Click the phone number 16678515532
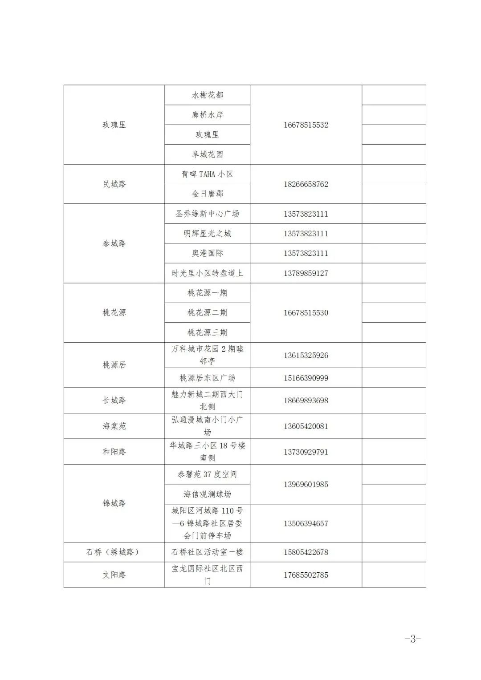point(306,125)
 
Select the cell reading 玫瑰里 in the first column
point(114,125)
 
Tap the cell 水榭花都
point(207,95)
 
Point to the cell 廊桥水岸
point(207,115)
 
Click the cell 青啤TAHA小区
point(207,174)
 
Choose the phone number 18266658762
point(306,184)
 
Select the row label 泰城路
point(114,243)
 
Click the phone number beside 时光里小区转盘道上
point(306,273)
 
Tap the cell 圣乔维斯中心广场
point(207,214)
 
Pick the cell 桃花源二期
point(207,313)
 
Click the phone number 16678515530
point(306,313)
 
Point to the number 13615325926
point(306,356)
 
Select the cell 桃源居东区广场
point(207,378)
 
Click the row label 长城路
point(114,401)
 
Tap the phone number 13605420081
point(306,426)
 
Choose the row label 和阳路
point(114,452)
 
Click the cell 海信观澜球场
point(207,494)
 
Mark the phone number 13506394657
point(306,523)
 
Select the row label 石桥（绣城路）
point(113,552)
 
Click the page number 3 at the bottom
point(413,639)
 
